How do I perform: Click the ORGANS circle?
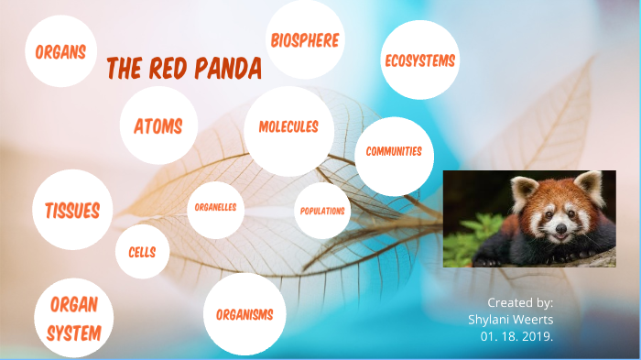61,51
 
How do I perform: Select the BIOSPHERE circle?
304,40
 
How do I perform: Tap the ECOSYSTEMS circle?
419,60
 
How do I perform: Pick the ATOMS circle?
158,125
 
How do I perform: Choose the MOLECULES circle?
288,127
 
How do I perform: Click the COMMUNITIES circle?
394,152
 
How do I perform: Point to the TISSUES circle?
72,210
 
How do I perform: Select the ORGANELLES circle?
216,208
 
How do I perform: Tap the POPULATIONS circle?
322,211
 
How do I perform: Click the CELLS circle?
142,252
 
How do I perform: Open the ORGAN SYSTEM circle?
73,318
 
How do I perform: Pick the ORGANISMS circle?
244,314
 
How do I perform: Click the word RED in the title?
160,69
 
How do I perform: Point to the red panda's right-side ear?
591,187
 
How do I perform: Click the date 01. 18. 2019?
516,335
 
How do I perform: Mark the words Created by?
519,301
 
